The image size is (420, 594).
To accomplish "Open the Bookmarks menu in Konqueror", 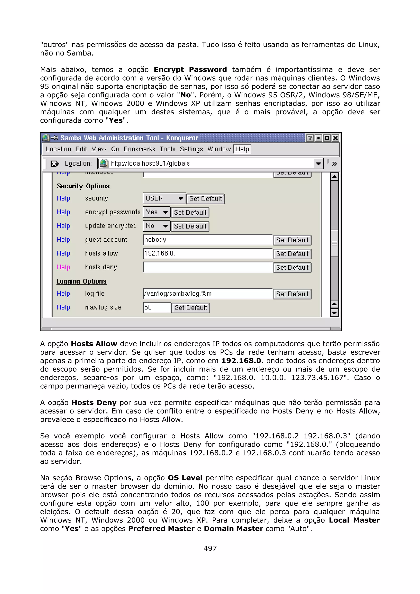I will pos(139,149).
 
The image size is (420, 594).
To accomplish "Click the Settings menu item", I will pos(191,149).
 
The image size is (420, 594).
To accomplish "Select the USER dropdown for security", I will pos(164,198).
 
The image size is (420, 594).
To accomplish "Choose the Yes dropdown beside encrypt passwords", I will pos(156,212).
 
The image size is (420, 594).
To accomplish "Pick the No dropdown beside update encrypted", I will pos(156,226).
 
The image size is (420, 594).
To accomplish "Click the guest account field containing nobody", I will pos(208,240).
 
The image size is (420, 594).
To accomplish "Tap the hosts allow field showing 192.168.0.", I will pos(208,254).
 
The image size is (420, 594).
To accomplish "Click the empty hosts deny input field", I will pos(208,267).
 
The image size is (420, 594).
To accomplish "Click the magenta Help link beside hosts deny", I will pos(63,267).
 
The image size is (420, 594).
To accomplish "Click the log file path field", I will pos(208,294).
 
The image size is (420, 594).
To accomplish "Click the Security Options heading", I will pos(83,186).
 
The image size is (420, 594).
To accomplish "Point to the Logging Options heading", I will pos(81,281).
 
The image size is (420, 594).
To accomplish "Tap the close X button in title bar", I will pos(335,138).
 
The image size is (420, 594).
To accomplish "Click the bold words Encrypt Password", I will pos(190,70).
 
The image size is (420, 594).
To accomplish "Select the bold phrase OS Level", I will pos(185,478).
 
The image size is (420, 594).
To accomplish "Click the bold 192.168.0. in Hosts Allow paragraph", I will pos(242,361).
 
